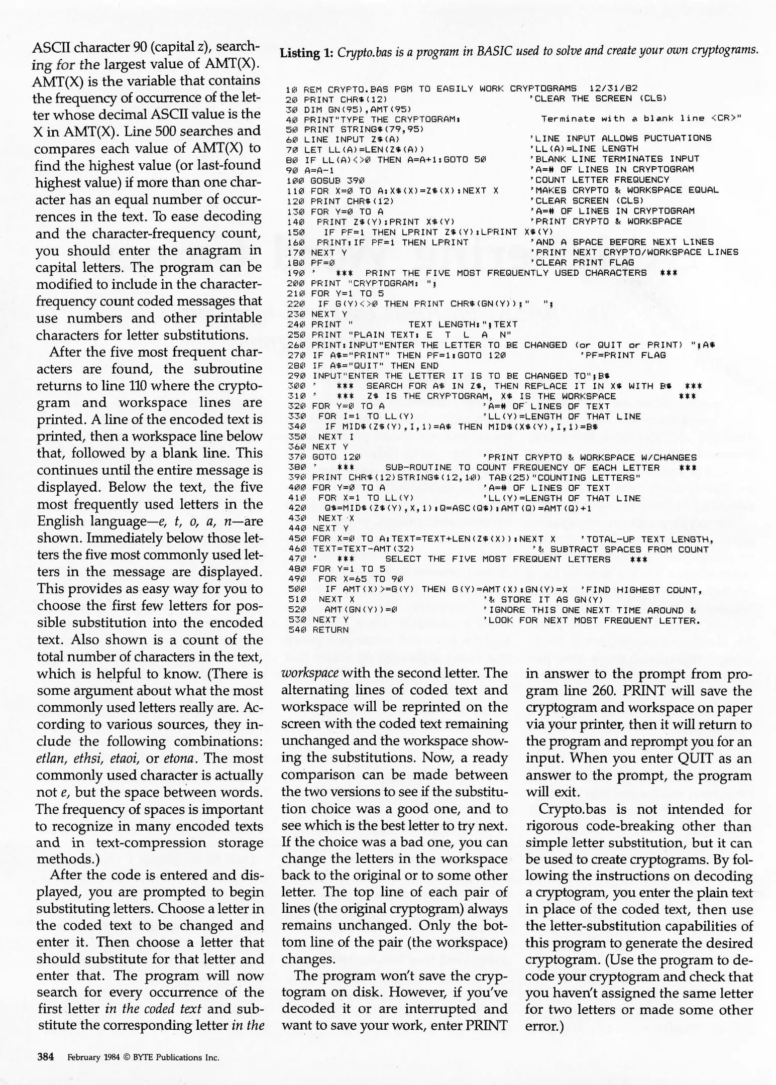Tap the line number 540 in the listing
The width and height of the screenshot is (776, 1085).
[x=293, y=630]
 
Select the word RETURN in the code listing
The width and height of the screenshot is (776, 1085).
[x=330, y=630]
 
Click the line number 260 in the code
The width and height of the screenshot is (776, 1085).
[x=293, y=345]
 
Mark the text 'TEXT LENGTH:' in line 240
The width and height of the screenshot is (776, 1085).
[x=448, y=324]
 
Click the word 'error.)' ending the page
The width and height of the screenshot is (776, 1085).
[x=544, y=1026]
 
